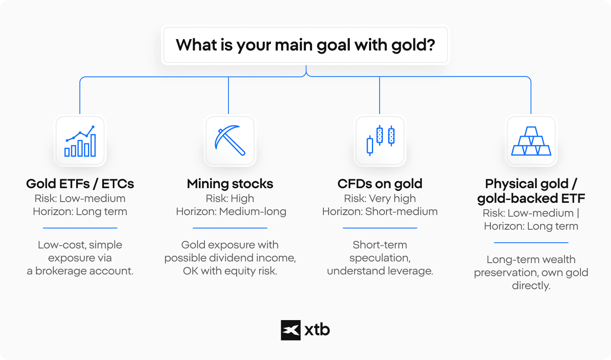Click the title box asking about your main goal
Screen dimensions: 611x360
(305, 45)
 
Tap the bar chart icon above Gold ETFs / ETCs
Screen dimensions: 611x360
(80, 141)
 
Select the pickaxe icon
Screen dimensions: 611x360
(230, 140)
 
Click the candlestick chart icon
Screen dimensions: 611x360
(380, 140)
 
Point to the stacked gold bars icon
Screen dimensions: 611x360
(531, 141)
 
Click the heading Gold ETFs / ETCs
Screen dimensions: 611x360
(80, 184)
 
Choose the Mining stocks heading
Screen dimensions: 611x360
(230, 184)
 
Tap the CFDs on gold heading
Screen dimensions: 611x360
(380, 184)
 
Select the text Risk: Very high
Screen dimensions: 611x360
(380, 199)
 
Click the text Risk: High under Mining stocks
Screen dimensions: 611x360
(230, 199)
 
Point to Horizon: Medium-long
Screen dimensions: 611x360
(231, 212)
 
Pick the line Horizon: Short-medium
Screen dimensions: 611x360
(380, 212)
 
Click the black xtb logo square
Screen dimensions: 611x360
(291, 330)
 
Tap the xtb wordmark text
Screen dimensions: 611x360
(317, 330)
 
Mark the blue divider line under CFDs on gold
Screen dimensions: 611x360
(380, 228)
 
